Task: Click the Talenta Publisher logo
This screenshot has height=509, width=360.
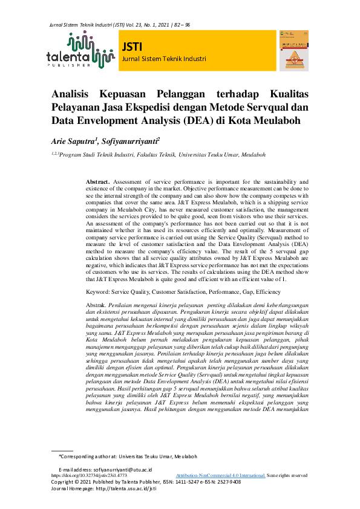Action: click(x=80, y=50)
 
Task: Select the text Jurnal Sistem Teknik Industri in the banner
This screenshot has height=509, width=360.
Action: click(x=164, y=59)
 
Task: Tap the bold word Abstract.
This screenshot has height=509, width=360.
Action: click(x=97, y=182)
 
